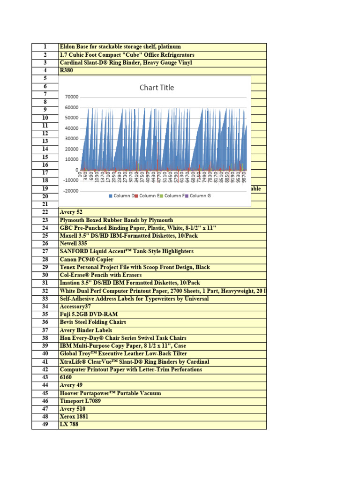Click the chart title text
pos(157,88)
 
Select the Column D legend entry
pos(122,195)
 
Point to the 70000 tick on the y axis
pos(70,97)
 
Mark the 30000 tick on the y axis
pos(70,139)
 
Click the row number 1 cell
pos(45,47)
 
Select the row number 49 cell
pos(45,425)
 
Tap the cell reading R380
pos(67,71)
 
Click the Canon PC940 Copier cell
pos(87,259)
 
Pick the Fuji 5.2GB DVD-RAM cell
pos(85,315)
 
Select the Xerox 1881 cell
pos(74,417)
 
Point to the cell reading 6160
pos(66,377)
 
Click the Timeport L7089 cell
pos(80,401)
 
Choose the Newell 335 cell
pos(74,244)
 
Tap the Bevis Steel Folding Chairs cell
pos(90,322)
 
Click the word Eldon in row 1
pos(67,47)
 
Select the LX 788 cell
pos(69,425)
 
